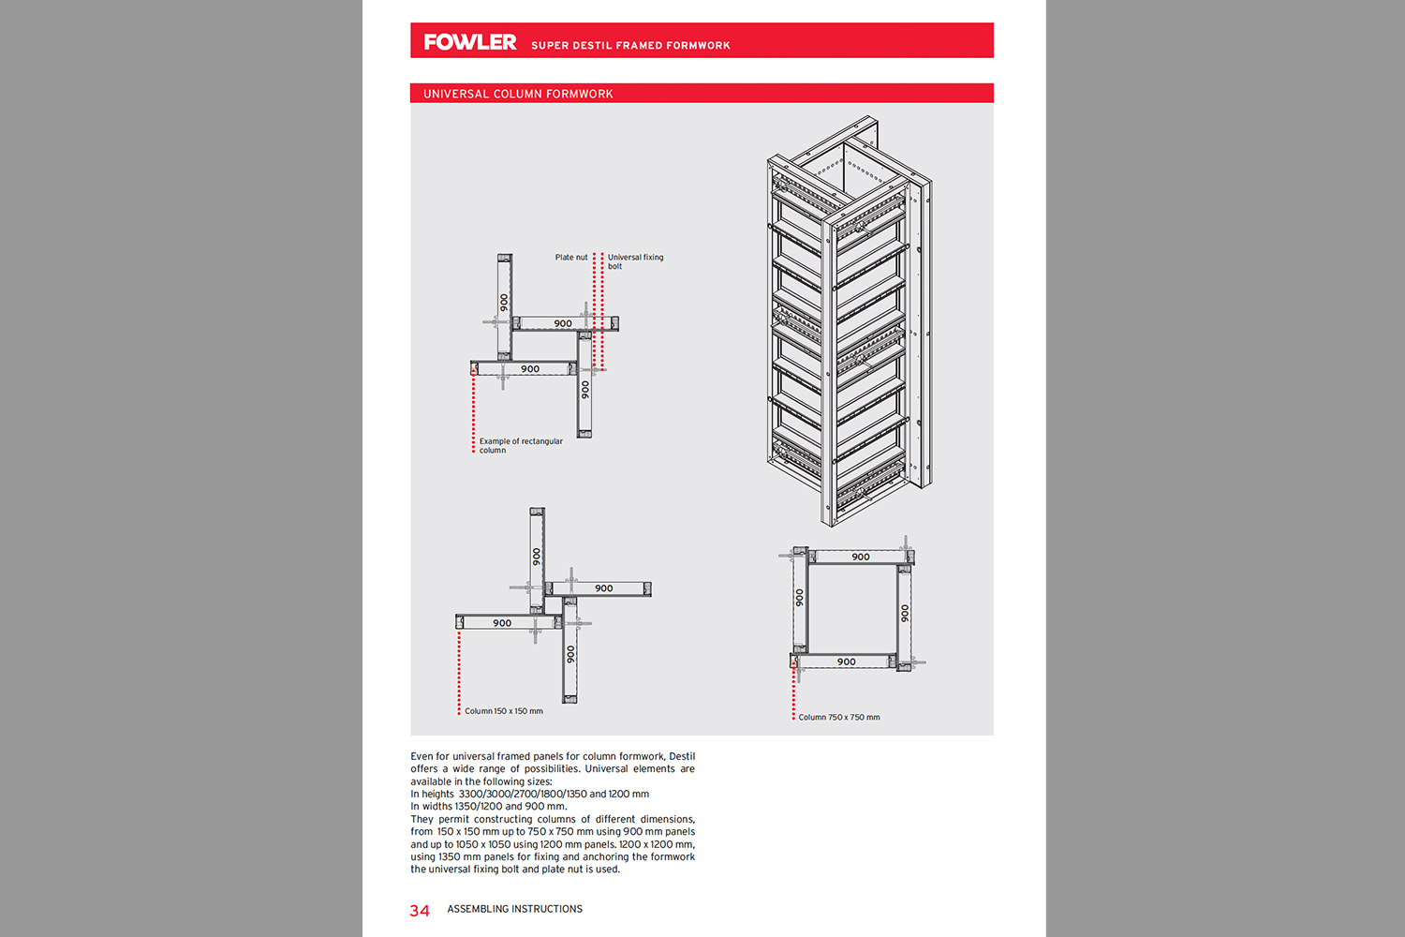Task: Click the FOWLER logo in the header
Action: click(x=469, y=42)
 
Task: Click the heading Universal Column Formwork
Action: click(x=518, y=94)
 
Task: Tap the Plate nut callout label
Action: click(x=571, y=257)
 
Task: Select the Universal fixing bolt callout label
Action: click(x=635, y=261)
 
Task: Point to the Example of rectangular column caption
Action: click(x=521, y=445)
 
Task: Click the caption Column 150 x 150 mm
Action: click(x=504, y=711)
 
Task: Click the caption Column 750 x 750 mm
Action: click(x=839, y=718)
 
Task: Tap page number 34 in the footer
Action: click(x=420, y=911)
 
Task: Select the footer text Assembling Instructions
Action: click(x=514, y=909)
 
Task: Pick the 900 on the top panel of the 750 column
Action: click(x=861, y=557)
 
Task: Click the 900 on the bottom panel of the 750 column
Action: click(x=847, y=662)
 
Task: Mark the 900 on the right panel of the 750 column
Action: click(x=905, y=613)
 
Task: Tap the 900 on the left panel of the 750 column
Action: click(x=799, y=597)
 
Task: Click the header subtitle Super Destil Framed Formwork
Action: click(x=630, y=45)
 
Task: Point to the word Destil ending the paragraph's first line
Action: click(x=682, y=756)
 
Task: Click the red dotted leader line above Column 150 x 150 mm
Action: click(x=459, y=670)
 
